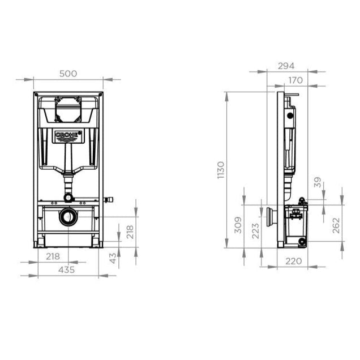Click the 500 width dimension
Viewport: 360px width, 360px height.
click(68, 74)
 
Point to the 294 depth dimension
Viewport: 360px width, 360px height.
click(287, 66)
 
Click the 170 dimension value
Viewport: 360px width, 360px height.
click(294, 80)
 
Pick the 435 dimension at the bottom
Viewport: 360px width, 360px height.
click(67, 270)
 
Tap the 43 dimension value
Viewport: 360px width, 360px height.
click(113, 258)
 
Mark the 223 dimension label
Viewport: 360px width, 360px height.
click(255, 231)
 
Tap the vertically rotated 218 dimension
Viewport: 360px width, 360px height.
click(130, 232)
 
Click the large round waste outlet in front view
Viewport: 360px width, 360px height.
click(68, 217)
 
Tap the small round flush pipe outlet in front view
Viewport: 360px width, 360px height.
click(68, 198)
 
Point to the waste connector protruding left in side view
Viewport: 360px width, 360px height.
click(271, 216)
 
